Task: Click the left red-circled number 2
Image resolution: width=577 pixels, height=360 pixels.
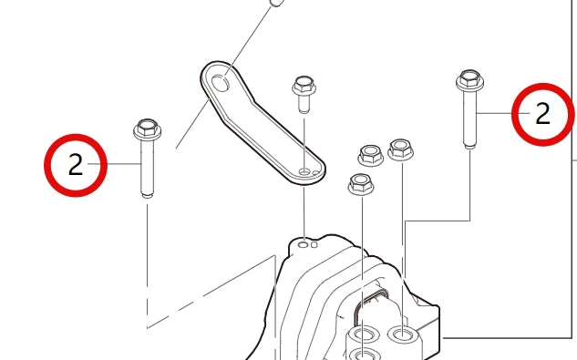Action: (76, 165)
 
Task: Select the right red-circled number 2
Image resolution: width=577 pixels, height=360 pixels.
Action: (543, 114)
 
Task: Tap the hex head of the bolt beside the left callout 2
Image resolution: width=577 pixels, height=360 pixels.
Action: (147, 129)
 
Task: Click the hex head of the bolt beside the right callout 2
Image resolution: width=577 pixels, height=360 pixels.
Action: (469, 79)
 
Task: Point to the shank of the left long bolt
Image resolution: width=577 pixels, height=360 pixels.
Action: (147, 169)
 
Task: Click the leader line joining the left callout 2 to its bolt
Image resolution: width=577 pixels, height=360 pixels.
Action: (124, 165)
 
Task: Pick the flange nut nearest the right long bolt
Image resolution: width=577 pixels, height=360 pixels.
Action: (399, 149)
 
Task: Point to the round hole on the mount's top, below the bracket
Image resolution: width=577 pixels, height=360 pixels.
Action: (304, 244)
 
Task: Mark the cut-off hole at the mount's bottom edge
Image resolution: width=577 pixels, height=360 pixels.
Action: (364, 354)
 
